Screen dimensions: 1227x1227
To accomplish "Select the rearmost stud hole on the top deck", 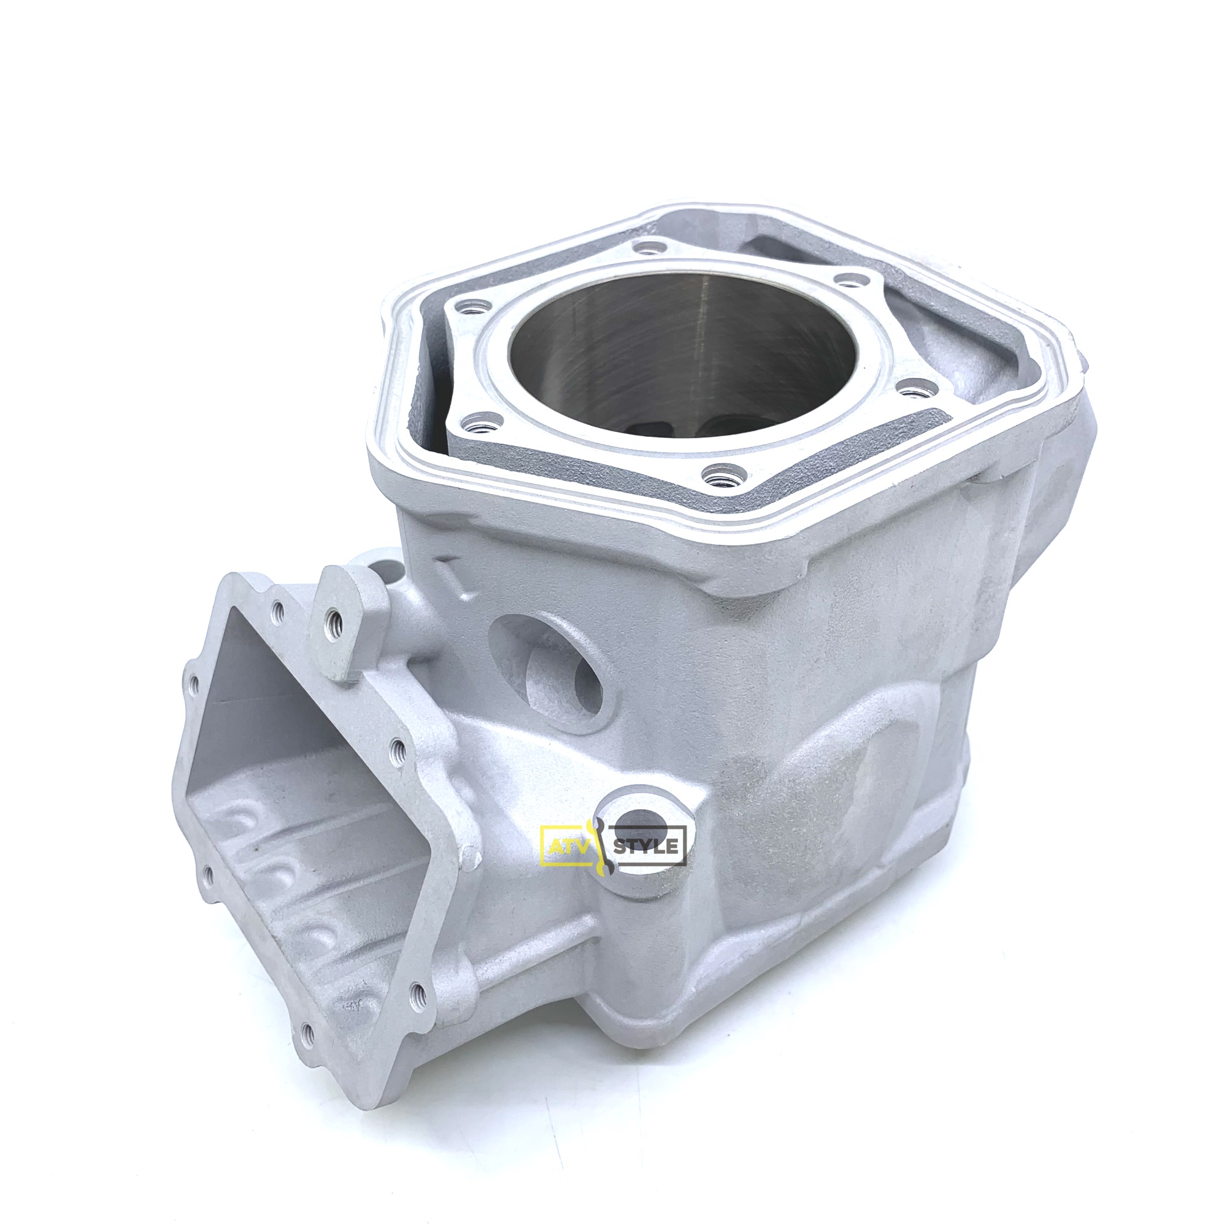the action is click(647, 249).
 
